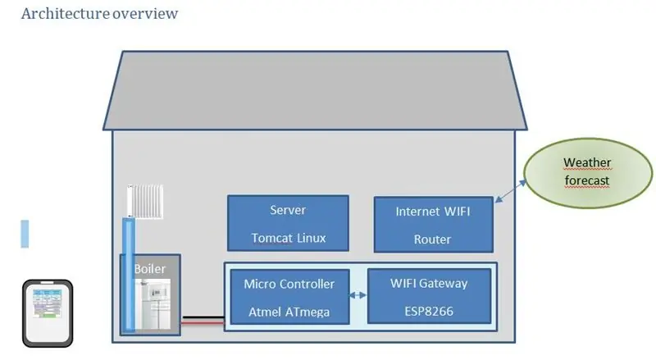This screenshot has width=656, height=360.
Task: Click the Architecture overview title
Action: coord(99,13)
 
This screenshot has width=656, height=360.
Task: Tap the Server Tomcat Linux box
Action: coord(289,223)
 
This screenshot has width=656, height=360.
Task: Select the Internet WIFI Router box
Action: coord(434,225)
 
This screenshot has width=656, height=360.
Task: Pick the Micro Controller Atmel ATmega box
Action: coord(289,297)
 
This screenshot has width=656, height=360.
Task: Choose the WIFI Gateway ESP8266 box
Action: coord(429,296)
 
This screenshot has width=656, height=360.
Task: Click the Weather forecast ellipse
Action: coord(588,173)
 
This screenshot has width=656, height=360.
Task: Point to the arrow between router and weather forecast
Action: coord(510,191)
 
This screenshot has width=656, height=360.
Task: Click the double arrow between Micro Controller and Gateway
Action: coord(358,295)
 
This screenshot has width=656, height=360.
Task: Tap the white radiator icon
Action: coord(145,202)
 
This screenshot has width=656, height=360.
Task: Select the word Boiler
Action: coord(150,269)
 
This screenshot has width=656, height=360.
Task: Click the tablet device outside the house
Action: coord(48,313)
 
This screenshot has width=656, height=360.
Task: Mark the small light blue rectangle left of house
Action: coord(25,234)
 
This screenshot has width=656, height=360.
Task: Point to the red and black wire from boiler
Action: coord(203,321)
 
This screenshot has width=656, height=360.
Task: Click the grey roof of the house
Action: coord(315,91)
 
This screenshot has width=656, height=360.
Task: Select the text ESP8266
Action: coord(429,312)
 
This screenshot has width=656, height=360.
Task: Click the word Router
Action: coord(433,239)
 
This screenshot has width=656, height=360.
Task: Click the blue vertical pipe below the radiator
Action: coord(129,275)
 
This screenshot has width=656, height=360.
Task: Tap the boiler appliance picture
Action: coord(153,304)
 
